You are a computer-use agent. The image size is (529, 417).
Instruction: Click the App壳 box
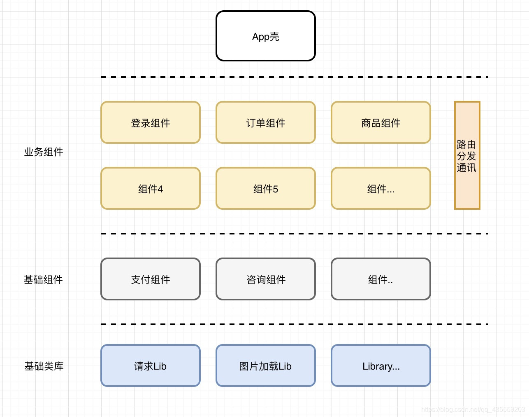[x=265, y=36]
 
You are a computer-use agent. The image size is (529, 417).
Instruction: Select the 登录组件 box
[x=150, y=123]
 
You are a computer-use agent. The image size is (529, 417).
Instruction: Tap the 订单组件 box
[x=265, y=123]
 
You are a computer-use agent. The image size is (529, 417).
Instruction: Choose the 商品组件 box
[x=381, y=123]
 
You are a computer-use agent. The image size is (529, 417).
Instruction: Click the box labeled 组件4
[x=150, y=189]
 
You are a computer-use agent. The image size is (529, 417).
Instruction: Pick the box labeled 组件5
[x=265, y=189]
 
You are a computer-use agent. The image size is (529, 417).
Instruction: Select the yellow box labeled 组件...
[x=381, y=189]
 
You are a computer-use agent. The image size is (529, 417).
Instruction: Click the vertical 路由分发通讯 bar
[x=467, y=156]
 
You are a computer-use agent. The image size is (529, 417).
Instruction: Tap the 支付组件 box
[x=150, y=279]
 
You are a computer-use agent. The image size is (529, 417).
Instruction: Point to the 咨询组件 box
[x=265, y=279]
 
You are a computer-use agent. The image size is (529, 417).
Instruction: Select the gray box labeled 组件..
[x=381, y=279]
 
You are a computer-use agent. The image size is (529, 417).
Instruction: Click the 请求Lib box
[x=150, y=366]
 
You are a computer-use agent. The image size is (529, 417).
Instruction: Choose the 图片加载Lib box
[x=265, y=366]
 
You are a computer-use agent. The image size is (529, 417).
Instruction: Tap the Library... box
[x=381, y=366]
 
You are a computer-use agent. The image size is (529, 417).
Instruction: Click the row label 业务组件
[x=44, y=152]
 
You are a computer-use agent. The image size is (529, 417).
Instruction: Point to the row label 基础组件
[x=44, y=280]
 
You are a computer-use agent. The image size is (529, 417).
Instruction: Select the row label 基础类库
[x=44, y=366]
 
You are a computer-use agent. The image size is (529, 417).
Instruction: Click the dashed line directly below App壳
[x=294, y=77]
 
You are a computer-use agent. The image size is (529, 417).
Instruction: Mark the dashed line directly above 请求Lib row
[x=294, y=324]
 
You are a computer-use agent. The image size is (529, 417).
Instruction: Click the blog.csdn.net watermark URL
[x=473, y=409]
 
